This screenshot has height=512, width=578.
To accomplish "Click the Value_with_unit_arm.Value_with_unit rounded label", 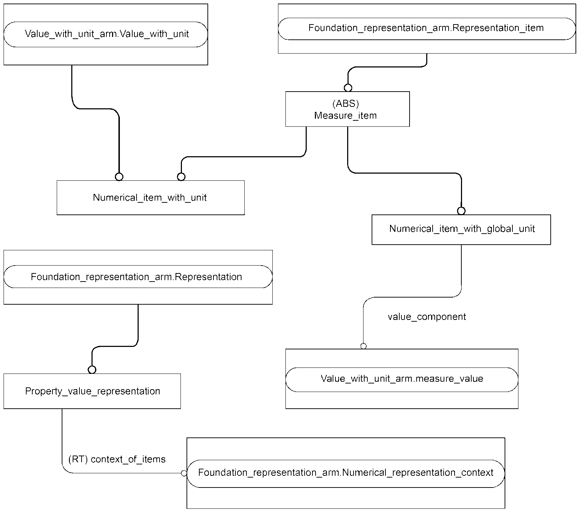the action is [x=106, y=34].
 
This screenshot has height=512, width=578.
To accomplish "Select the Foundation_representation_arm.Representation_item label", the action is [x=427, y=28].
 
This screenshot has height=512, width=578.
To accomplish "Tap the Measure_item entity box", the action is [x=348, y=109].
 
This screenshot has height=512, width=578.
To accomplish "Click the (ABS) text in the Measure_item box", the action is [x=346, y=103].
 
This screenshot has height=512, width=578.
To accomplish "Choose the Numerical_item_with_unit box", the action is [x=151, y=197].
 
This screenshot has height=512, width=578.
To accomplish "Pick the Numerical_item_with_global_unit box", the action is [x=461, y=229].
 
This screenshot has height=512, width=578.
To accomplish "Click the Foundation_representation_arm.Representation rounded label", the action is [x=138, y=277].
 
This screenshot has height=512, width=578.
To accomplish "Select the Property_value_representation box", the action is [x=92, y=391].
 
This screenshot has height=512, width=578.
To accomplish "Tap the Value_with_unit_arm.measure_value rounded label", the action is [x=402, y=379].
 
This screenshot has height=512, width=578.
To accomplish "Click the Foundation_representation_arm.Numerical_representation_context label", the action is [x=346, y=473].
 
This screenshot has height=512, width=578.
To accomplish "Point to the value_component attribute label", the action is [x=427, y=317].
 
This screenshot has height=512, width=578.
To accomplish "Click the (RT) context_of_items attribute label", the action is [x=117, y=459].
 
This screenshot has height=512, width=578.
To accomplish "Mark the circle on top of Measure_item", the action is [x=348, y=88].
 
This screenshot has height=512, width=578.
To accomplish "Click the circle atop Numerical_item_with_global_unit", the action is [x=461, y=211].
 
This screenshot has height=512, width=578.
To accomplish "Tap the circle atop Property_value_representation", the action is [x=92, y=370].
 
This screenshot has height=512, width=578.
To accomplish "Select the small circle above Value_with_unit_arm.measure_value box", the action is [x=363, y=346].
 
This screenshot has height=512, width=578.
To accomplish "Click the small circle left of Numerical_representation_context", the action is [x=184, y=473].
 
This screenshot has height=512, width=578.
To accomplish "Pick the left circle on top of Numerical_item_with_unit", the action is [x=119, y=176].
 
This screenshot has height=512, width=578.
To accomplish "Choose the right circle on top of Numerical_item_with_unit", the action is [x=181, y=176].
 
